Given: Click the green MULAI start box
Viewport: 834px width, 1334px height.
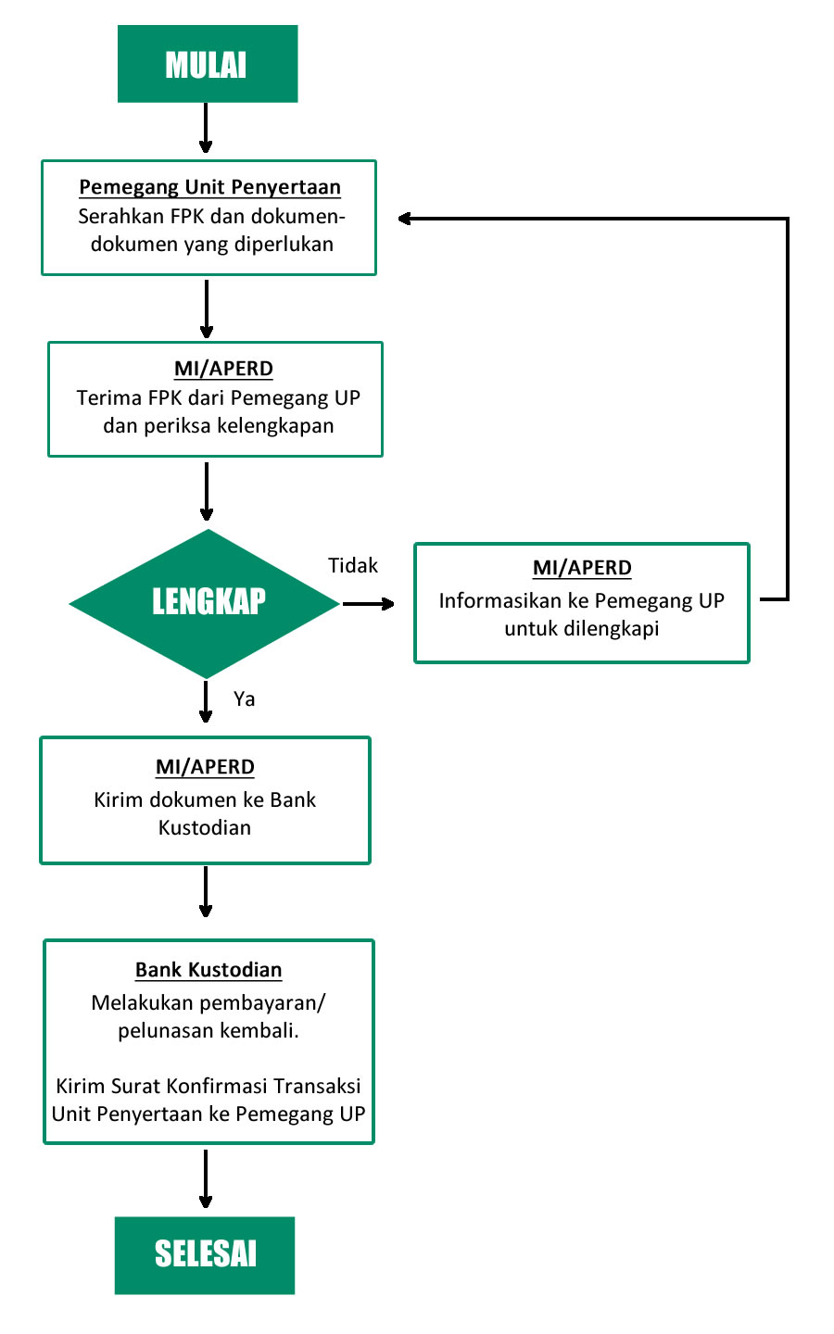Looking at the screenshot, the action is pos(208,64).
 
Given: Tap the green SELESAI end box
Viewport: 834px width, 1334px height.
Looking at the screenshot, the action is pos(205,1255).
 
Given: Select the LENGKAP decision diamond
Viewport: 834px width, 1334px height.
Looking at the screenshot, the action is pos(205,603).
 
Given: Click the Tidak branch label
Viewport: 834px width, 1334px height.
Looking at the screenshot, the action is pos(353,565).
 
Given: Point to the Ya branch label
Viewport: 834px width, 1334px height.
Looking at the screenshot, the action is pos(245,698).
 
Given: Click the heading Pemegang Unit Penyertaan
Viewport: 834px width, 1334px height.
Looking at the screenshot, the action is pos(209,187).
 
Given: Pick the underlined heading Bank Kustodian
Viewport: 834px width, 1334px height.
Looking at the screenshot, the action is pos(208,970).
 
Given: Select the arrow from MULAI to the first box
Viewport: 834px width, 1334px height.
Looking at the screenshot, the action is pos(206,128).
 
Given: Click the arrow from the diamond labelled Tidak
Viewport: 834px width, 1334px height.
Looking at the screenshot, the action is pos(368,604).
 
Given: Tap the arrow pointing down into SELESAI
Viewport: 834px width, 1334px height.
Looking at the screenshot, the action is pos(206,1178).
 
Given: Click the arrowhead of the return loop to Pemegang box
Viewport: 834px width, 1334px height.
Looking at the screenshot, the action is pos(404,219).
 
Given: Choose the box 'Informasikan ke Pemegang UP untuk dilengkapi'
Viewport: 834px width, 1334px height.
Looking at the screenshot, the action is pos(581,603).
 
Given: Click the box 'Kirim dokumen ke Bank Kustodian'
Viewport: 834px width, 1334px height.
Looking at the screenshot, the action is pos(205,800).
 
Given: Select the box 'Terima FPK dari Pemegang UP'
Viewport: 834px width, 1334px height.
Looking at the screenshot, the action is pos(215,399).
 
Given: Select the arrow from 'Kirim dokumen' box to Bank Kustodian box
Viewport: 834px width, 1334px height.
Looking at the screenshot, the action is pos(206,891).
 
